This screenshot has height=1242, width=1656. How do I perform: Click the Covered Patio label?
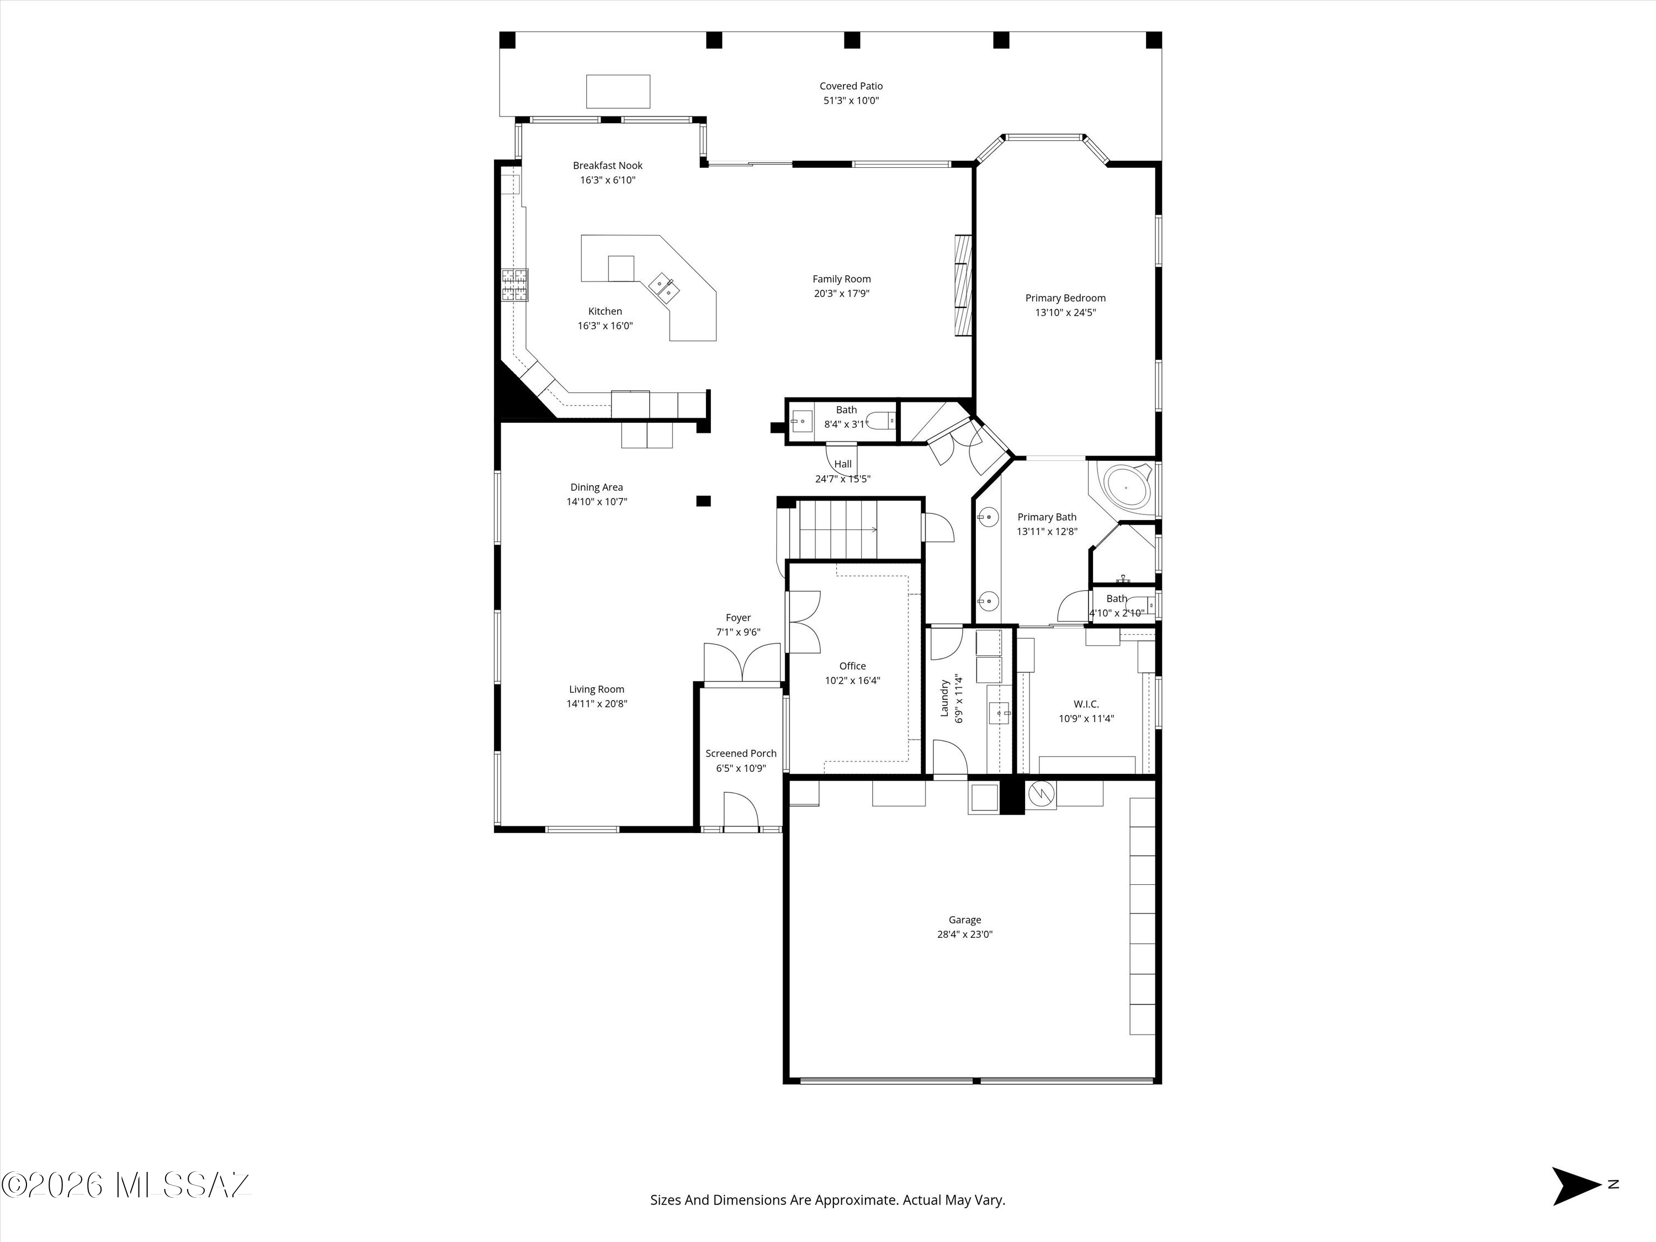click(851, 86)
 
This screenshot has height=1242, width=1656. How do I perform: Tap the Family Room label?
click(841, 279)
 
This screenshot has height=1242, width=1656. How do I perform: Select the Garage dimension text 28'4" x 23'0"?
click(964, 935)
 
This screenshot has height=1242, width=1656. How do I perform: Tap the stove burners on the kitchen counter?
click(515, 284)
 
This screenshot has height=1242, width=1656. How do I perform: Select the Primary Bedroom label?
click(1065, 298)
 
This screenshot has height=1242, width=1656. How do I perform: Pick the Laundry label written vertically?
click(945, 698)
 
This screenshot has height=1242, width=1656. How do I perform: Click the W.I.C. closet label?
click(1086, 704)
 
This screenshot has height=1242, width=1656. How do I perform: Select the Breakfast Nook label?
click(607, 166)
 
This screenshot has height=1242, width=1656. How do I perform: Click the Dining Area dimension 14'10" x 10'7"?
click(597, 502)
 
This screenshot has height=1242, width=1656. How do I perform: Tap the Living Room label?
click(596, 689)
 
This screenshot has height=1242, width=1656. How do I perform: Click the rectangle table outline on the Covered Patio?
click(618, 91)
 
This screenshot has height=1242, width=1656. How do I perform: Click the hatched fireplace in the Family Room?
click(963, 286)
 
